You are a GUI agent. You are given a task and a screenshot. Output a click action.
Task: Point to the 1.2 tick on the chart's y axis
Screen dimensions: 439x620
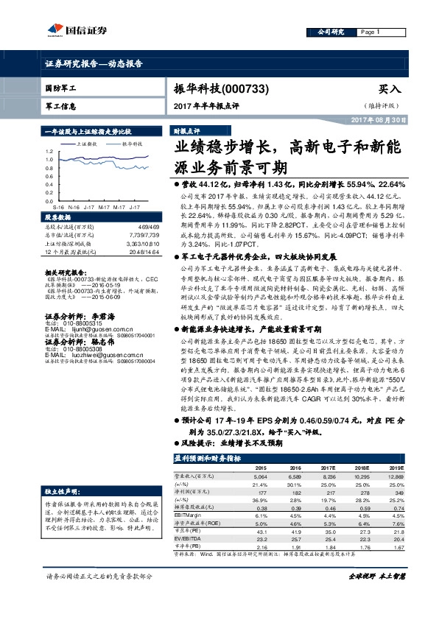click(48, 149)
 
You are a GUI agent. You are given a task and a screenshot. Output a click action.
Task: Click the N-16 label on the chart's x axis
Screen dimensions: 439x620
click(73, 209)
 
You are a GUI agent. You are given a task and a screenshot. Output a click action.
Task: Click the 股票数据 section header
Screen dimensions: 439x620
click(59, 219)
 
